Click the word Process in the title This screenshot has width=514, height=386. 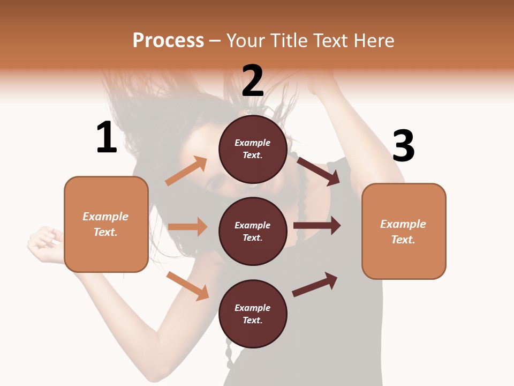pyautogui.click(x=168, y=40)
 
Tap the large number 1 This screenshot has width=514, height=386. pyautogui.click(x=107, y=138)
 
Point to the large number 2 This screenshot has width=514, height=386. pyautogui.click(x=253, y=81)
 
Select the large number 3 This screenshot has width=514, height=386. pyautogui.click(x=404, y=146)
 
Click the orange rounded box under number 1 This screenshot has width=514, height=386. pyautogui.click(x=106, y=224)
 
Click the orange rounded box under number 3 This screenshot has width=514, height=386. pyautogui.click(x=404, y=231)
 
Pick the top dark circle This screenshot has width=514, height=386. pyautogui.click(x=253, y=149)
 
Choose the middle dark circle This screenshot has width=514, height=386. pyautogui.click(x=253, y=231)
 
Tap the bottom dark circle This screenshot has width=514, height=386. pyautogui.click(x=253, y=314)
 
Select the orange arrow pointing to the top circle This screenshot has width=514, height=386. pyautogui.click(x=186, y=171)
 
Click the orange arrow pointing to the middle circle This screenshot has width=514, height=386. pyautogui.click(x=187, y=227)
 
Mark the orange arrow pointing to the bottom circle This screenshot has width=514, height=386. pyautogui.click(x=188, y=286)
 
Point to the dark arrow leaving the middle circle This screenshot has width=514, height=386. pyautogui.click(x=317, y=226)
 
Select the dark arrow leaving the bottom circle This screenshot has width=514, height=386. pyautogui.click(x=315, y=284)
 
